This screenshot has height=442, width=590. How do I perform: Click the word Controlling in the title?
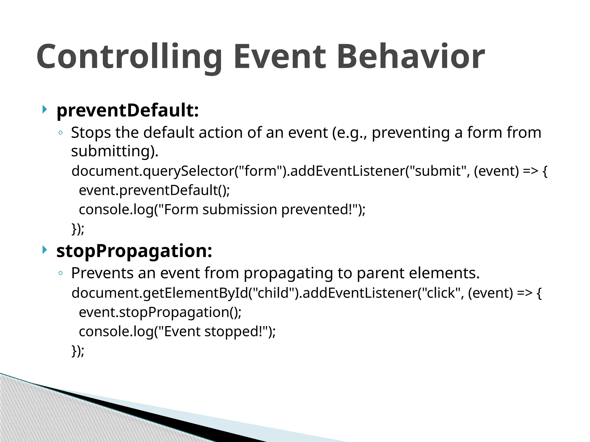click(x=129, y=57)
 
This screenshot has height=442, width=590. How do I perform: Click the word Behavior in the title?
click(x=411, y=57)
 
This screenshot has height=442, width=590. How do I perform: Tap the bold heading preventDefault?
click(x=128, y=110)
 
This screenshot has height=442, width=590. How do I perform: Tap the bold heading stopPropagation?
click(x=134, y=251)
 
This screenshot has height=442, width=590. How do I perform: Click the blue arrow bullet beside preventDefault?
click(x=44, y=109)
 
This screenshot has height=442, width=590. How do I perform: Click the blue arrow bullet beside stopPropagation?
click(x=44, y=250)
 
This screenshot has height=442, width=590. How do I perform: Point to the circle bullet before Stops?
click(x=60, y=133)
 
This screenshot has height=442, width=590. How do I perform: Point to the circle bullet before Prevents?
click(x=60, y=273)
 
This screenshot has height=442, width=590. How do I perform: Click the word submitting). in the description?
click(x=115, y=151)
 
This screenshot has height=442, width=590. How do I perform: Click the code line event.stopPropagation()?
click(x=160, y=313)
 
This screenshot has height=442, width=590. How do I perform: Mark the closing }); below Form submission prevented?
click(x=78, y=229)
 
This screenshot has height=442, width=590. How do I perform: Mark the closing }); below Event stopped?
click(x=78, y=351)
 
